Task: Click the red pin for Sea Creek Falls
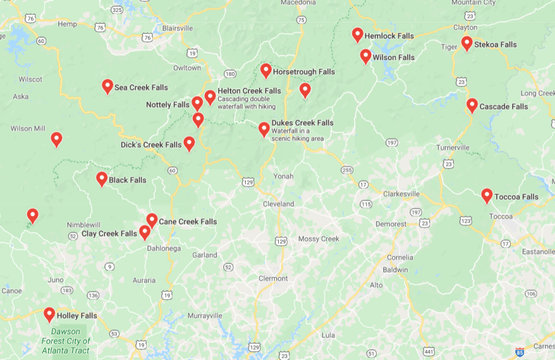click(108, 86)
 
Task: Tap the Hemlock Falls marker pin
click(357, 34)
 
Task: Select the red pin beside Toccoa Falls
click(487, 195)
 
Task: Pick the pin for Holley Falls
click(50, 314)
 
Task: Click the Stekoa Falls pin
click(466, 43)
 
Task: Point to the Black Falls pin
click(102, 178)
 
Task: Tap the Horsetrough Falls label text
click(304, 72)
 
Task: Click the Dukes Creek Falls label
click(302, 123)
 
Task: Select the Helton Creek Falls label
click(249, 91)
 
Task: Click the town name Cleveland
click(278, 204)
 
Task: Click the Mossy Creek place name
click(318, 238)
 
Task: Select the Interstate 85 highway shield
click(520, 352)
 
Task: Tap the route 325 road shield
click(116, 10)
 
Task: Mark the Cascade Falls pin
click(472, 105)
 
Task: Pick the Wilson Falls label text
click(393, 57)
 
